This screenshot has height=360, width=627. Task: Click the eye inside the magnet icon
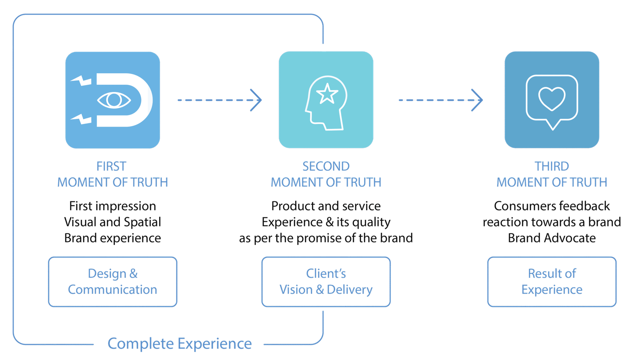(x=114, y=100)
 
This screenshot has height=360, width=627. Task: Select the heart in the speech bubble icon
(x=552, y=99)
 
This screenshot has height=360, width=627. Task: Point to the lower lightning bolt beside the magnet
(x=82, y=119)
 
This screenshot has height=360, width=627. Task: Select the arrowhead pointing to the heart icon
(x=477, y=100)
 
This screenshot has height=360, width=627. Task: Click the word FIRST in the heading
(x=112, y=166)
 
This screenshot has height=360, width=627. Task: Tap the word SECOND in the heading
(x=326, y=166)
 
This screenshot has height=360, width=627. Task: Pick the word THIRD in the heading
(x=552, y=166)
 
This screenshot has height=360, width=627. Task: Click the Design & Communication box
(x=112, y=282)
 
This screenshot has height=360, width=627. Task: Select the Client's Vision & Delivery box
(x=326, y=282)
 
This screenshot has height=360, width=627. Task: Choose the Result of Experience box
(x=552, y=282)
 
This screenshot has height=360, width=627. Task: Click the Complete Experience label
(x=179, y=344)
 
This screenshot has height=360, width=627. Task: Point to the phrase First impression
(x=112, y=206)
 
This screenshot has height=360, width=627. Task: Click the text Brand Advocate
(x=552, y=238)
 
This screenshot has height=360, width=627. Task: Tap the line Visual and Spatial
(x=112, y=222)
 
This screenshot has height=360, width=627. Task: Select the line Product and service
(x=326, y=206)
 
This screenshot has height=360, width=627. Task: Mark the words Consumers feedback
(x=552, y=206)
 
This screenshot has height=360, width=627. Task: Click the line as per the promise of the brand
(x=326, y=238)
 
